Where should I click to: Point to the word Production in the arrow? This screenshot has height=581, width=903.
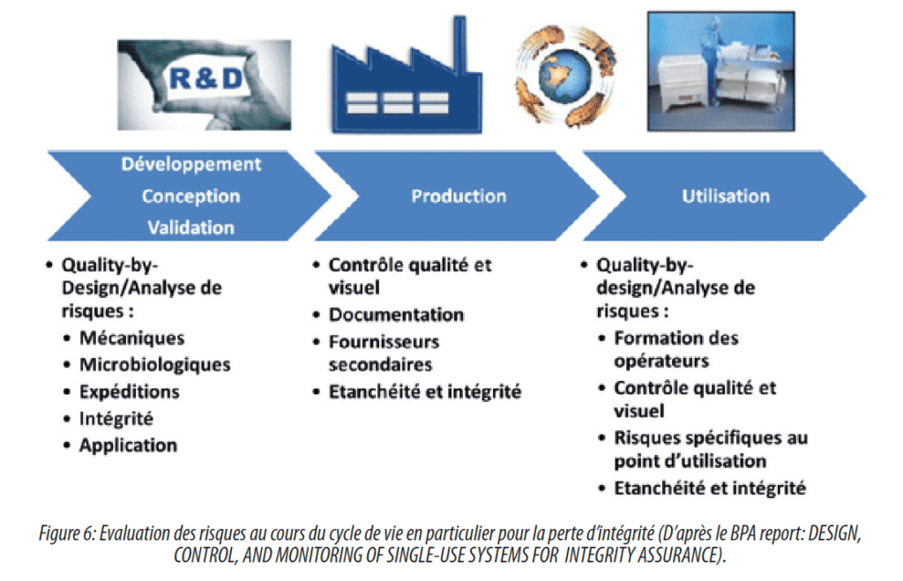[459, 196]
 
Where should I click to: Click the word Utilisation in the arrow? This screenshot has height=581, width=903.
[726, 196]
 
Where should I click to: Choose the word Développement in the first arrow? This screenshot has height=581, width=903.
[191, 164]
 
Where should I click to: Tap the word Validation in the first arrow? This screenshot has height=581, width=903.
[191, 227]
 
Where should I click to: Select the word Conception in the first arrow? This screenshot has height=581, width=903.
[191, 196]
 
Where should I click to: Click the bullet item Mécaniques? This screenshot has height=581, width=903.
[132, 338]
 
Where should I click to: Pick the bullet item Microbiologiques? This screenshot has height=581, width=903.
[155, 364]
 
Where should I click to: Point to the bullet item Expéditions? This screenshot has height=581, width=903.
[130, 391]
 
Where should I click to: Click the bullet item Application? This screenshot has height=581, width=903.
[129, 445]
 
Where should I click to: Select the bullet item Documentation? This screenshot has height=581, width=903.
[396, 315]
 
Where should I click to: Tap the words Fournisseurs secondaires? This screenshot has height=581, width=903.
[384, 353]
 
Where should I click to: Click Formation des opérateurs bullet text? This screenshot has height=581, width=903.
[676, 349]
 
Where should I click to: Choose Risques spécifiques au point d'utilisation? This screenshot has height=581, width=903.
[711, 449]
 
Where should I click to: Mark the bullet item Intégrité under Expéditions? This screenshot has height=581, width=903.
[116, 419]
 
